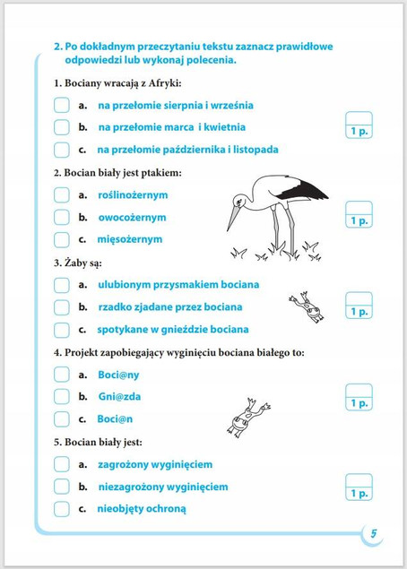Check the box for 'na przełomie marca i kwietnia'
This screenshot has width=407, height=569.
[61, 127]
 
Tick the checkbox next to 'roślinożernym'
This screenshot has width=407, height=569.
[61, 194]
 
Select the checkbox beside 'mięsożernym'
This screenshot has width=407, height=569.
[61, 239]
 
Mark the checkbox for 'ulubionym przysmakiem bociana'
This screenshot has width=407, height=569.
[61, 284]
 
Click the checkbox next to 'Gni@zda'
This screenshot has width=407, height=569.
[61, 396]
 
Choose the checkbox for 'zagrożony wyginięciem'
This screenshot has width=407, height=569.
[61, 464]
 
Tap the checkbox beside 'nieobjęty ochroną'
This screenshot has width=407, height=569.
[61, 509]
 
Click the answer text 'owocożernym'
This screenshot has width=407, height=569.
[132, 217]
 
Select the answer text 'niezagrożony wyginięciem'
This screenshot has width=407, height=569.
[162, 487]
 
